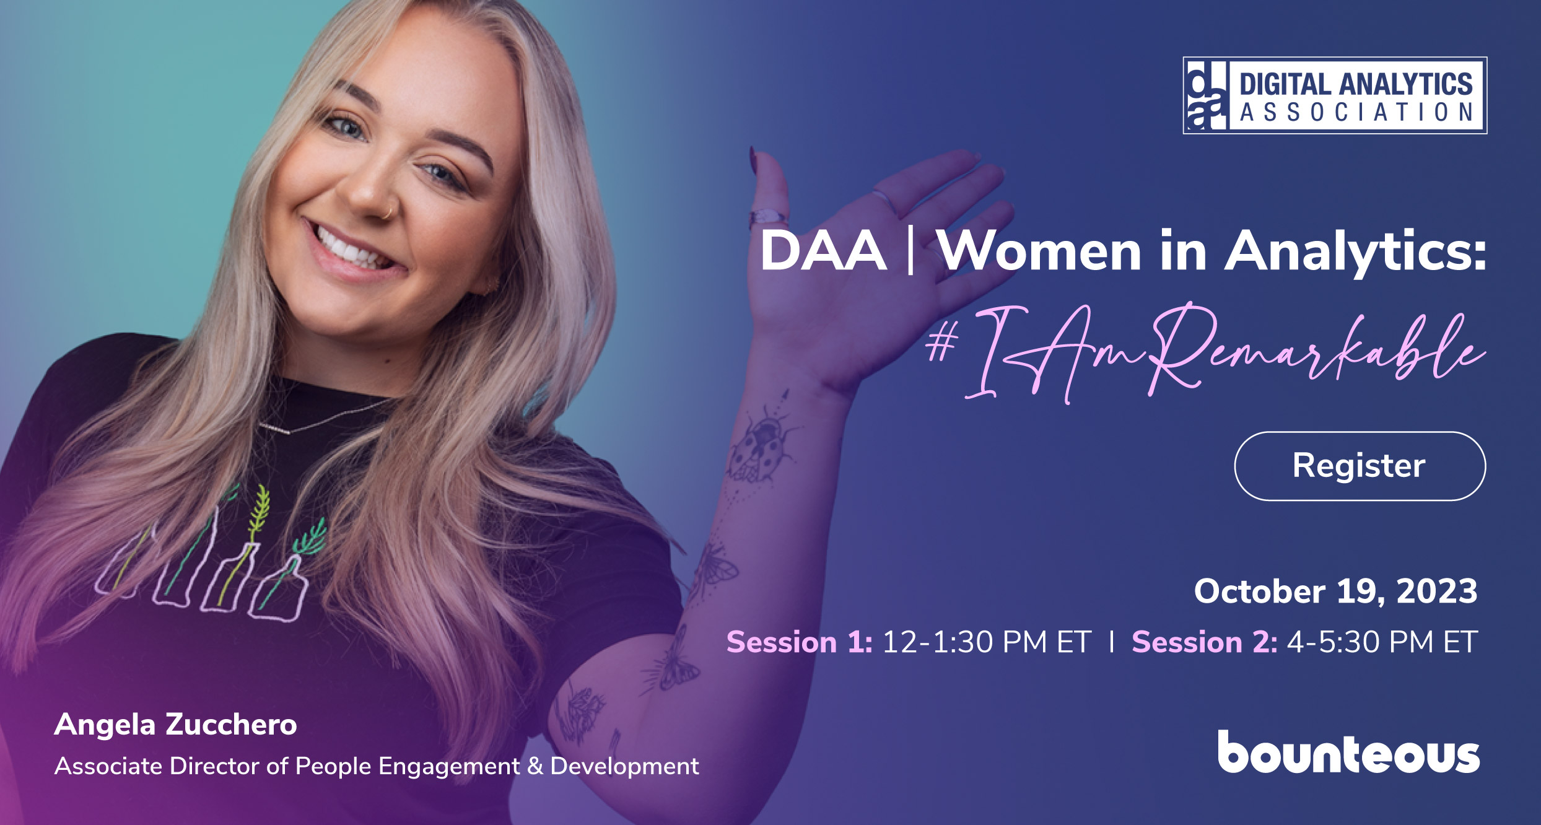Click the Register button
(x=1360, y=466)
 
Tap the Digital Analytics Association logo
(x=1335, y=95)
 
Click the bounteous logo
(x=1348, y=753)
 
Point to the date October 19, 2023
(x=1335, y=591)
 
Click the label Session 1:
(x=799, y=642)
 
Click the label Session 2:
(x=1204, y=642)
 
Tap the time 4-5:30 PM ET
(x=1382, y=642)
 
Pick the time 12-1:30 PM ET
(x=986, y=642)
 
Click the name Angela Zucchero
(x=175, y=725)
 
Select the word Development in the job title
(x=624, y=766)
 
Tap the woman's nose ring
(x=388, y=212)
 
